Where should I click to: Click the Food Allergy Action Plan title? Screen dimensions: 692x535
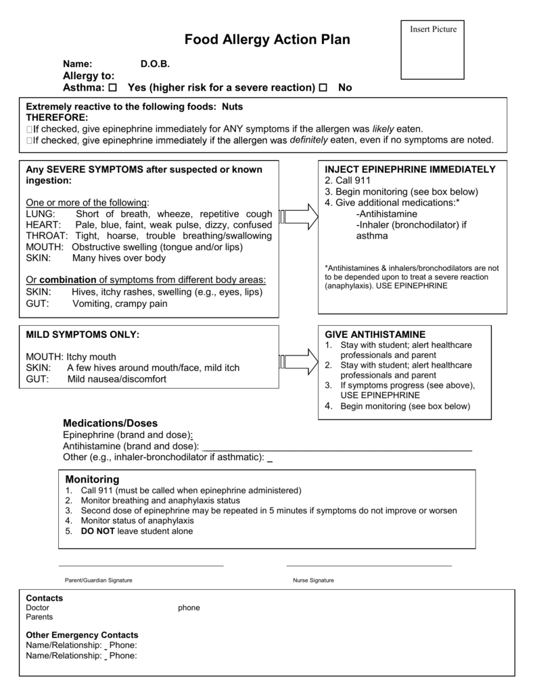267,40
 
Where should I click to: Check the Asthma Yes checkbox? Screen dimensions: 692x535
112,88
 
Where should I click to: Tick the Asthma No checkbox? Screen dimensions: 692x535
323,88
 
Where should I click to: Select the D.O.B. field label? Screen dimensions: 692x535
155,64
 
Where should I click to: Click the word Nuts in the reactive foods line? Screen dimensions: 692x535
232,107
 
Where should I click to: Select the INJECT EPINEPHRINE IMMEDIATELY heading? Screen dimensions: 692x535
410,169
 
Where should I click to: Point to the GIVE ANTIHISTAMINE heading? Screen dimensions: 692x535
375,335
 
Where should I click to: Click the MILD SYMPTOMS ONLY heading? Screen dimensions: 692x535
83,335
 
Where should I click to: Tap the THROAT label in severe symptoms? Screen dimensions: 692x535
47,235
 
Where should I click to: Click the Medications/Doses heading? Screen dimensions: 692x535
110,422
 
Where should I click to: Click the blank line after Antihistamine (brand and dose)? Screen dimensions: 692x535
337,447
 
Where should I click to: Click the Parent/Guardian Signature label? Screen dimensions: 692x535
98,580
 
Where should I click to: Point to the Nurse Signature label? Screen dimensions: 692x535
313,580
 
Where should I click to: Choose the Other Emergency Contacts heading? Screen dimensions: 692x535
82,635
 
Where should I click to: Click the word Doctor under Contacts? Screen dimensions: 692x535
37,608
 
